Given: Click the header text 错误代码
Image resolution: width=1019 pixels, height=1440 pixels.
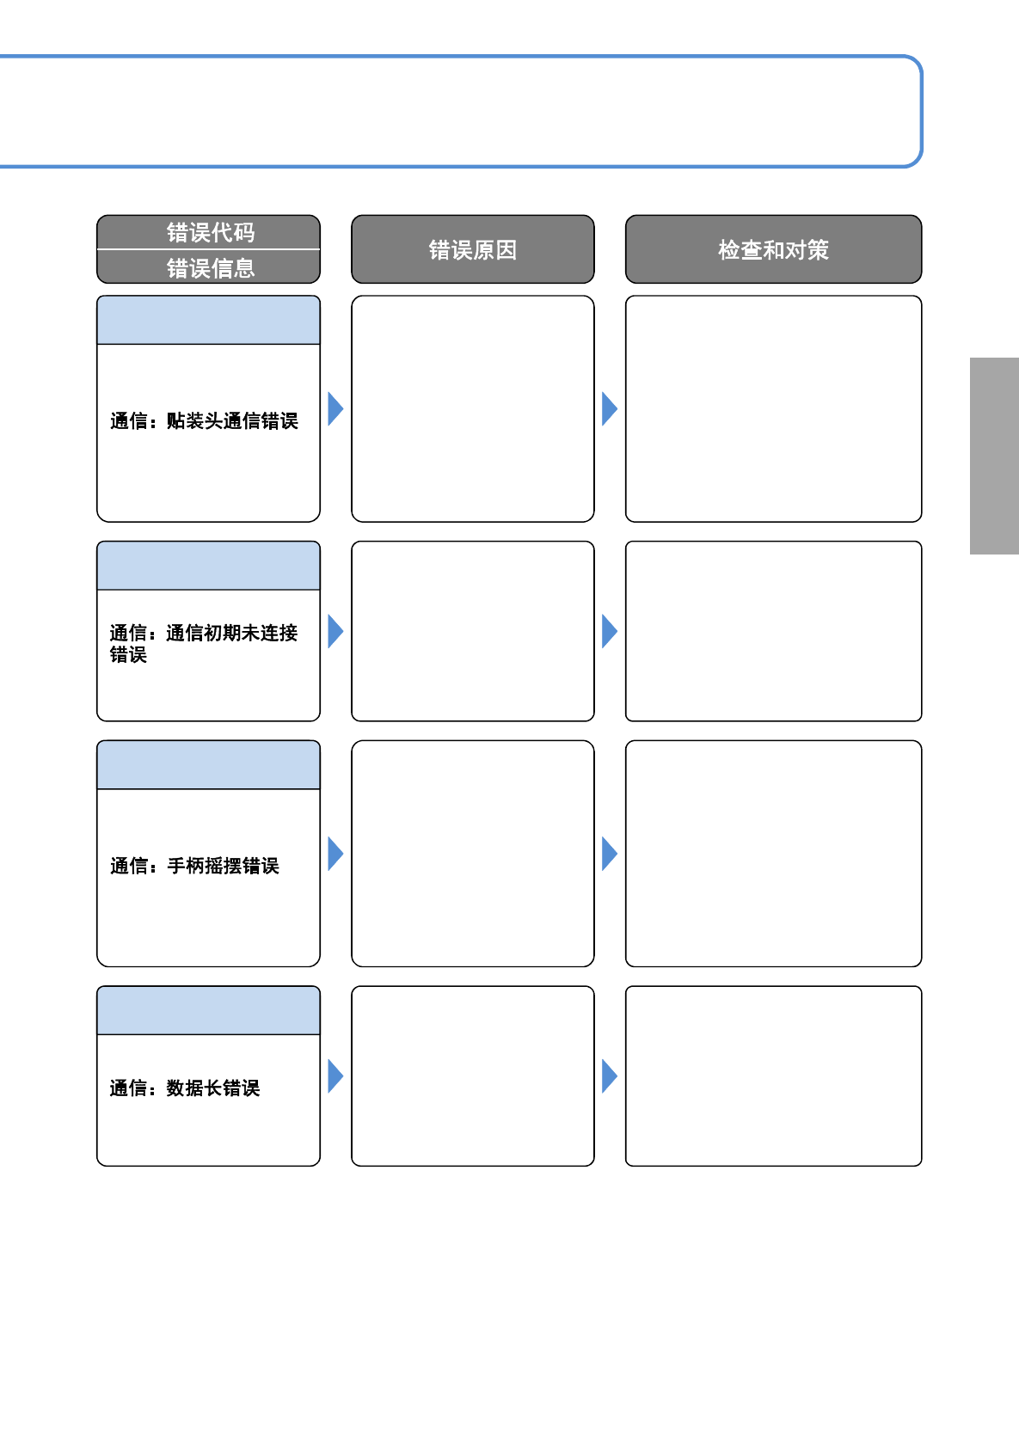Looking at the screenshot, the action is point(210,232).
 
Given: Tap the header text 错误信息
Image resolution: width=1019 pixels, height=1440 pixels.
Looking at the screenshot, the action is point(210,268).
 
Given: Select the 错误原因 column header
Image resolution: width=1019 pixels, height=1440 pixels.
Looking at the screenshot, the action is point(473,249).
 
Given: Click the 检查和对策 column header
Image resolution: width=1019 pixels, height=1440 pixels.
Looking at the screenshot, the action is point(773,249).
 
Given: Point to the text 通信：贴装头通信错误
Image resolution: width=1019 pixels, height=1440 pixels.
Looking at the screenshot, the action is point(204,420).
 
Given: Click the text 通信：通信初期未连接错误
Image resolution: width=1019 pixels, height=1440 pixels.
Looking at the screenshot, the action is point(203,644).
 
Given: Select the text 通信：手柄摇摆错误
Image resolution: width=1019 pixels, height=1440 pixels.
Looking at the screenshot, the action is point(194,865).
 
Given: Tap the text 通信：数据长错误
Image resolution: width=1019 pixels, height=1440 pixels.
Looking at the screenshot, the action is point(185,1088).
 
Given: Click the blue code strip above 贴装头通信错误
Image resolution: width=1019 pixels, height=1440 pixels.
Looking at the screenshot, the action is point(208,320).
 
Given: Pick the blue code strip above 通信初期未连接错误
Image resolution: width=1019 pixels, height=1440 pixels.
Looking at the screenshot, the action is point(208,566).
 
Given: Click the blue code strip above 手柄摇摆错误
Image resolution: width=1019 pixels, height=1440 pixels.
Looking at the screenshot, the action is point(208,765).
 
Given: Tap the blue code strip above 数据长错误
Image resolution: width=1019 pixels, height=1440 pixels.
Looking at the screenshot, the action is point(208,1010).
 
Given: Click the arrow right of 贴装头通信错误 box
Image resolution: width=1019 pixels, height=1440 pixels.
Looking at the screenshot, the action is point(335,409).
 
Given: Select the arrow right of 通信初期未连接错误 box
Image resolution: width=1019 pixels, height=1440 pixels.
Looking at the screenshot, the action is point(335,631).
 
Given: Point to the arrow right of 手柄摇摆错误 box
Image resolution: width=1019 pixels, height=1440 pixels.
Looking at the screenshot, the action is point(335,854).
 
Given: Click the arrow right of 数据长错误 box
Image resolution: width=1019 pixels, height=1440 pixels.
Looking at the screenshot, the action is point(335,1076).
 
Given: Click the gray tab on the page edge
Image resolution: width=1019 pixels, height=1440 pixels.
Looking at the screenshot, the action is point(995,456).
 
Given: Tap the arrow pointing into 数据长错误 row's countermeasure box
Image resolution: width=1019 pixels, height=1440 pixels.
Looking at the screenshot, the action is point(609,1076).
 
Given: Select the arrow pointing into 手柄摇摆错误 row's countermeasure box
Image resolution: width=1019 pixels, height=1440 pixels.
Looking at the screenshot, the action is point(609,854).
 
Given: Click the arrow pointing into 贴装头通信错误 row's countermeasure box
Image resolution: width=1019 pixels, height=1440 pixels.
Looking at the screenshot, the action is point(609,409).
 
